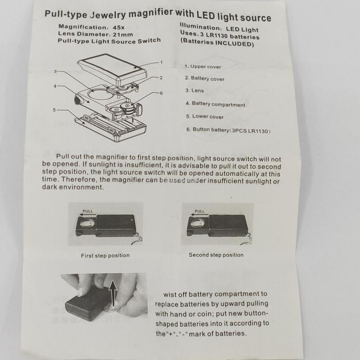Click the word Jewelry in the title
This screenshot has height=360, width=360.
108,14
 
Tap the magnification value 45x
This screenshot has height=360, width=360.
119,27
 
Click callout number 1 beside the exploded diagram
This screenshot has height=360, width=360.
162,62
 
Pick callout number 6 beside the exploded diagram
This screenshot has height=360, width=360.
162,93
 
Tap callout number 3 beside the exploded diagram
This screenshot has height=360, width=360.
55,72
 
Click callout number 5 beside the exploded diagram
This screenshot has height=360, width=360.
54,110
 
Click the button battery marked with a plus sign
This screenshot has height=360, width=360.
127,106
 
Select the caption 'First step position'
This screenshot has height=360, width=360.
105,256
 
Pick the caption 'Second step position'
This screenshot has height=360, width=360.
216,255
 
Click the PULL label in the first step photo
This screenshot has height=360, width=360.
88,211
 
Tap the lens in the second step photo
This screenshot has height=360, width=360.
197,223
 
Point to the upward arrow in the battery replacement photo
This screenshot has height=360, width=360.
113,294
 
